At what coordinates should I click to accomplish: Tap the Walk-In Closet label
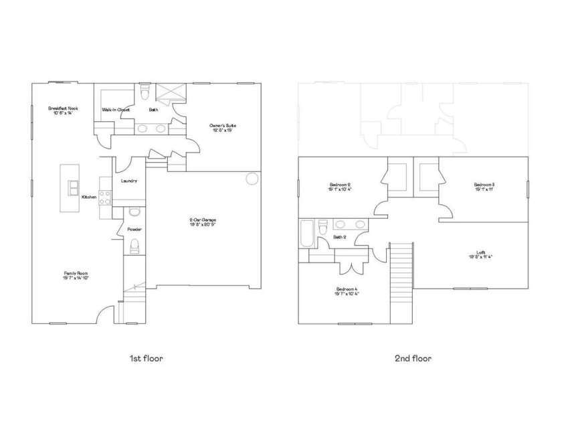(114, 109)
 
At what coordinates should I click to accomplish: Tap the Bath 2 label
(339, 237)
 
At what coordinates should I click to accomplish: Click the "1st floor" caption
(146, 358)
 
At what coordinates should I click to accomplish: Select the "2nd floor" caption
(413, 358)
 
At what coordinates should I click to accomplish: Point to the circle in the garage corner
(252, 179)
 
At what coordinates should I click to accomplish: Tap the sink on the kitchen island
(72, 188)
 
